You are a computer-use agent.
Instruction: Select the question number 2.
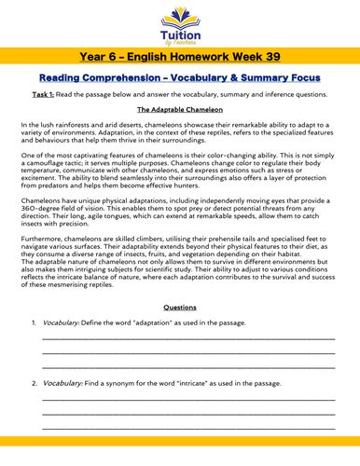tap(34, 383)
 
